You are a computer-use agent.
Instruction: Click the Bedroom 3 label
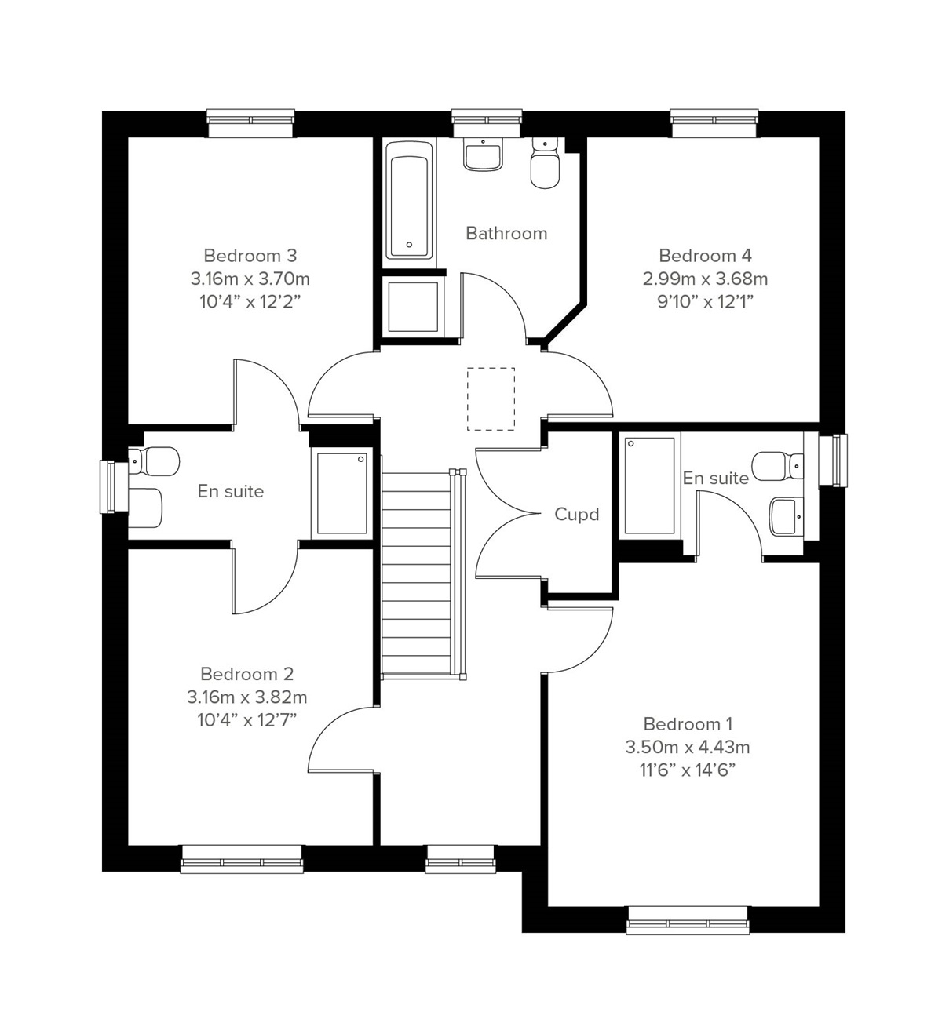point(250,256)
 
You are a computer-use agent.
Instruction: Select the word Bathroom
point(506,234)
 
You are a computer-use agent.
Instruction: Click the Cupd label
point(576,515)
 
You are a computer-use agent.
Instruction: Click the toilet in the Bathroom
point(545,165)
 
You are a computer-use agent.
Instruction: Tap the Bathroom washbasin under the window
point(483,155)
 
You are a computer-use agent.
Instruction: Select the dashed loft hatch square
point(491,399)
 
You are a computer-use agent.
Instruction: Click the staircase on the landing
point(418,573)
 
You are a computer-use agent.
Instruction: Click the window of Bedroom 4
point(715,118)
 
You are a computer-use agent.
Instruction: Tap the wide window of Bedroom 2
point(242,858)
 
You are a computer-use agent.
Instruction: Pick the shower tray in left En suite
point(341,493)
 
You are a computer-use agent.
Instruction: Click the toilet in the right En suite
point(777,465)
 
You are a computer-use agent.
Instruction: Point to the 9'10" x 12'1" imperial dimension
point(705,301)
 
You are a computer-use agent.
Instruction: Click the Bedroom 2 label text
point(246,674)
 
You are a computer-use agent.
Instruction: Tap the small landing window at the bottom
point(460,859)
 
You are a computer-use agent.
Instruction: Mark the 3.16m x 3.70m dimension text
point(250,279)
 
